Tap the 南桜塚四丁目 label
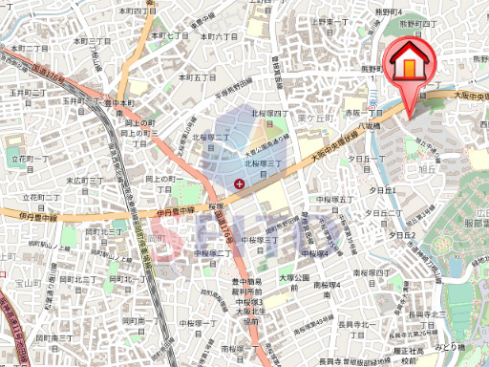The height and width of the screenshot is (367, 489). tap(372, 273)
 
